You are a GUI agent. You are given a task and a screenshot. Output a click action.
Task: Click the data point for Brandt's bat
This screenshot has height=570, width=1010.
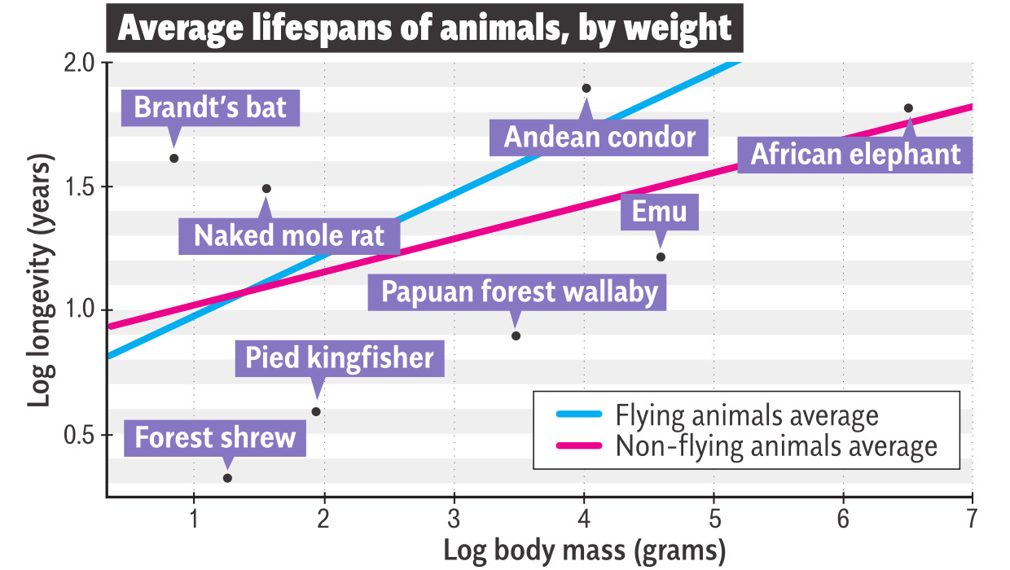173,158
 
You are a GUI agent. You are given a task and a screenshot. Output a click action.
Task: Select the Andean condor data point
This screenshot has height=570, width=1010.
586,88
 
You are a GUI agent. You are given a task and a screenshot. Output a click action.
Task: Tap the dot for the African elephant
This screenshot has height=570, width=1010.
908,108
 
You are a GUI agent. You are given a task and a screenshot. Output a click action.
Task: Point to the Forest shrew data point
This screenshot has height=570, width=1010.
227,478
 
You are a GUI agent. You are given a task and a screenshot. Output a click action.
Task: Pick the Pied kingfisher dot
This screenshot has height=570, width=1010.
316,411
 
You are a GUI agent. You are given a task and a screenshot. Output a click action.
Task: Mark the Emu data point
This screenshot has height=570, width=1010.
661,257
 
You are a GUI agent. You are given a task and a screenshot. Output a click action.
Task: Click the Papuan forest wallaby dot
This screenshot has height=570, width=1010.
516,335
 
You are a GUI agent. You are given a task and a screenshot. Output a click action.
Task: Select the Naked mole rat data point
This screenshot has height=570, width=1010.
266,188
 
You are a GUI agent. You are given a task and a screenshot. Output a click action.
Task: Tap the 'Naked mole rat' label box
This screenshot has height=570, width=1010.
288,236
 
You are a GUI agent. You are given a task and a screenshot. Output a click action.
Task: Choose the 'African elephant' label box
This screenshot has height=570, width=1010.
855,154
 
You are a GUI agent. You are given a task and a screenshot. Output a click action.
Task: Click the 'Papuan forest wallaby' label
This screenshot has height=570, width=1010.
519,292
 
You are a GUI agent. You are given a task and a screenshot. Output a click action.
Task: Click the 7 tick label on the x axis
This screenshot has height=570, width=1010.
972,519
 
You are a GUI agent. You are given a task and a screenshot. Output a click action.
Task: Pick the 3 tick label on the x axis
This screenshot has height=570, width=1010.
454,519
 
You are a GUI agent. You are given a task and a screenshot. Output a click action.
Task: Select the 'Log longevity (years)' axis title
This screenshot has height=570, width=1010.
38,283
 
